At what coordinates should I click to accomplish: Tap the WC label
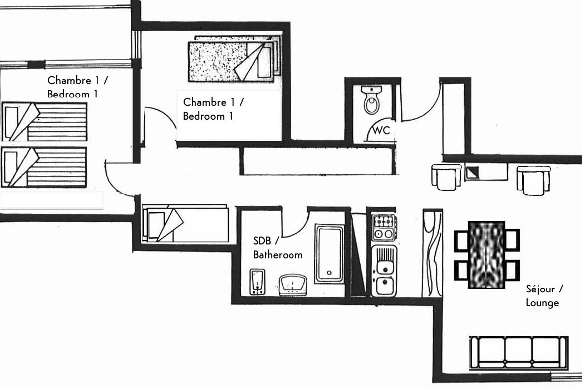pos(381,130)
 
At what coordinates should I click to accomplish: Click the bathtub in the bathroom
pos(329,253)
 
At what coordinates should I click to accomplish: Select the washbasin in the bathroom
pos(293,285)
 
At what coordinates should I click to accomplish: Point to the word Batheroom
pos(278,255)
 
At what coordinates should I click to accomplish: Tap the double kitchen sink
pos(384,271)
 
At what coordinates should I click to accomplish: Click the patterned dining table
pos(486,255)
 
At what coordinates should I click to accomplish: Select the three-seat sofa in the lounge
pos(518,353)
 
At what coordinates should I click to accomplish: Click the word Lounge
pos(542,303)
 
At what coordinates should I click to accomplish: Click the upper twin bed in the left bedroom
pos(44,122)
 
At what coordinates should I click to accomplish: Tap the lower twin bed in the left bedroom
pos(44,167)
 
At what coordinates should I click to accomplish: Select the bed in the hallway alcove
pos(185,224)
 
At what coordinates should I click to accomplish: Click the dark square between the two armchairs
pos(472,172)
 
